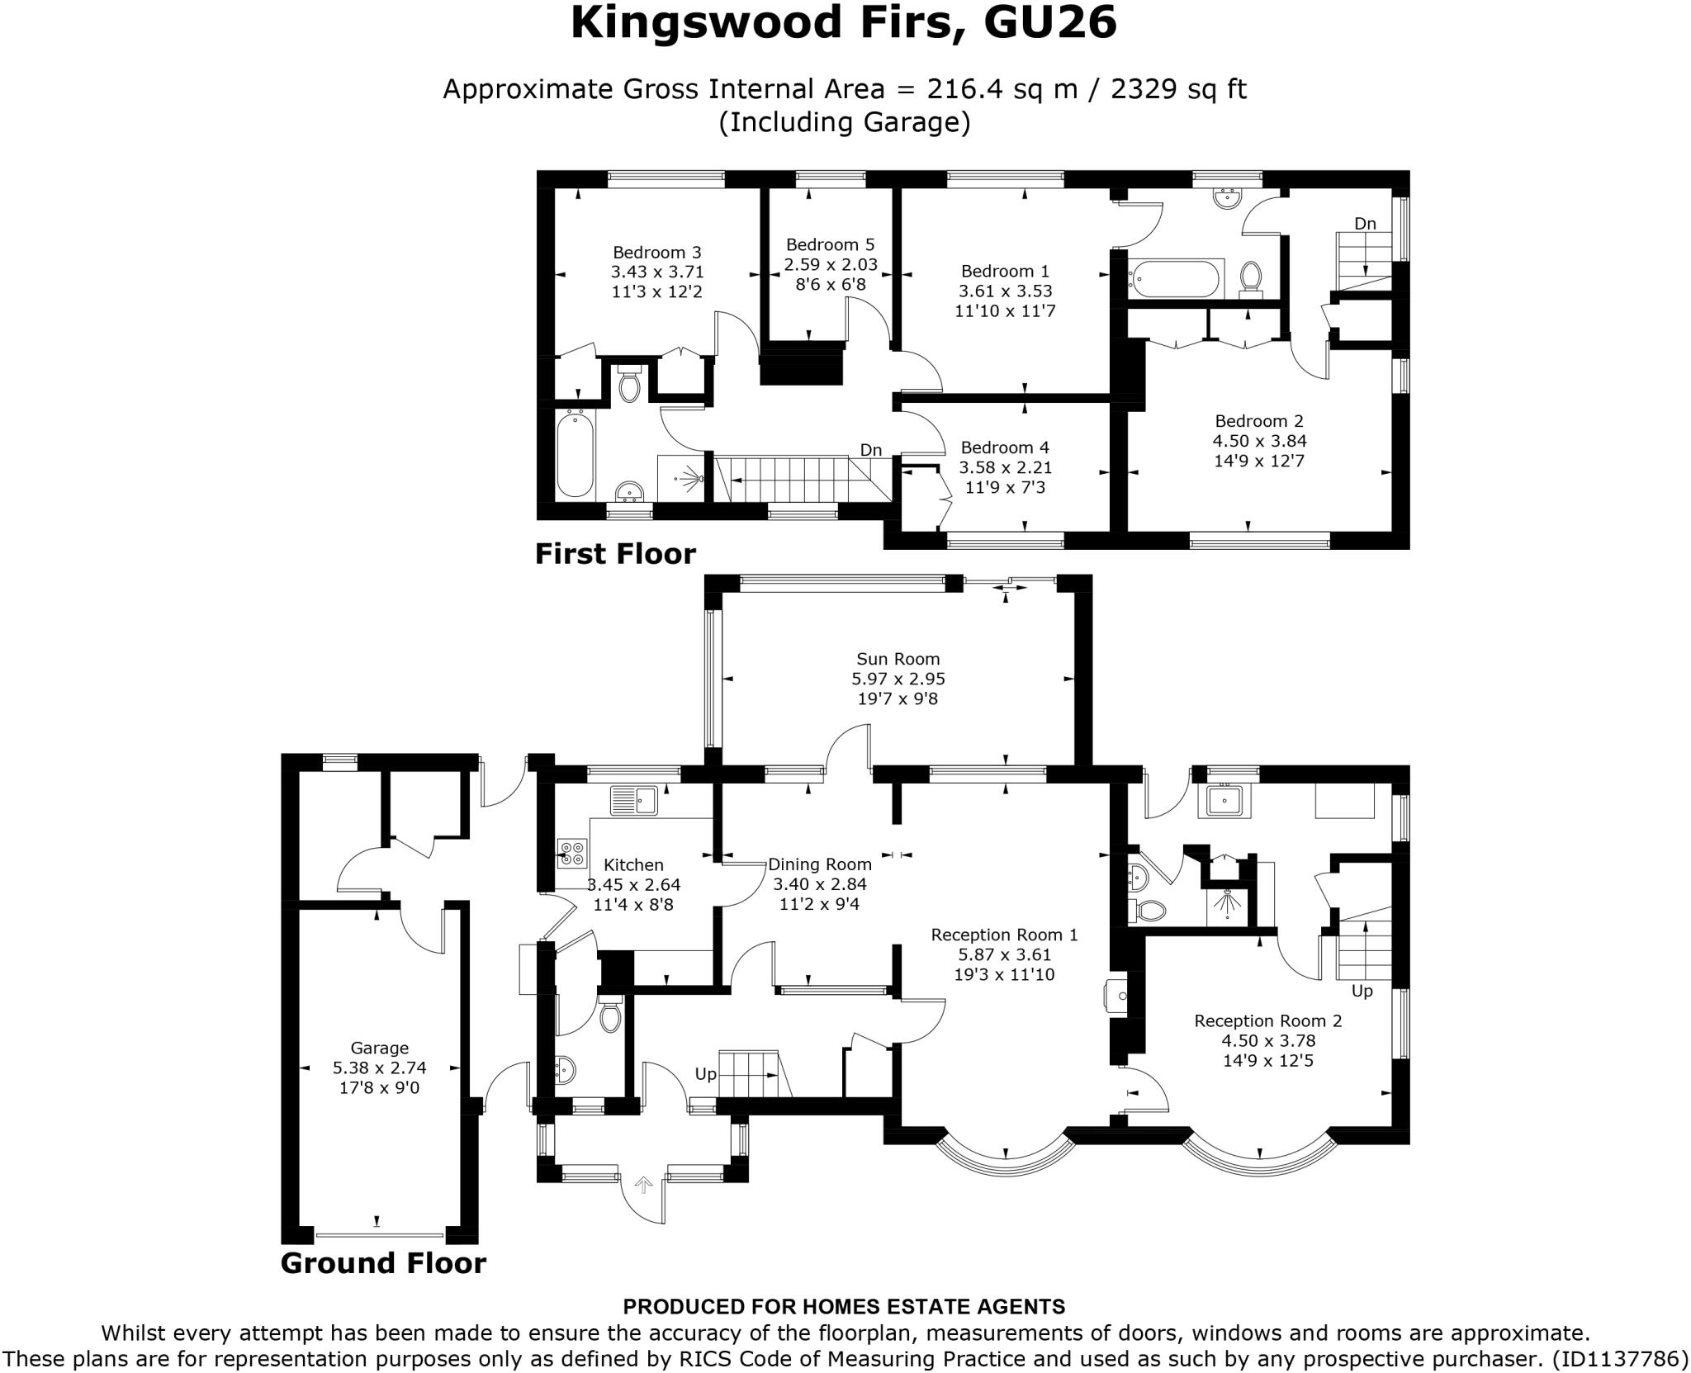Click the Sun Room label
tap(898, 659)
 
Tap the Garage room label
tap(379, 1048)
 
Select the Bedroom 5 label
tap(830, 244)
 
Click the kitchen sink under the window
tap(633, 800)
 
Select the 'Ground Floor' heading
tap(383, 1263)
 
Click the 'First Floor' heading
tap(615, 553)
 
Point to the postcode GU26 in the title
tap(1049, 23)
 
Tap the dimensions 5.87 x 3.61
tap(1005, 954)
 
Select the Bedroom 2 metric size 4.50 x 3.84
tap(1258, 441)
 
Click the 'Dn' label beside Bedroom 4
tap(871, 450)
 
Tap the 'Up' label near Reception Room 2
tap(1362, 990)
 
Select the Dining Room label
tap(820, 864)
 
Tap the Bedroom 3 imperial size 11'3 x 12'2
tap(656, 291)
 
